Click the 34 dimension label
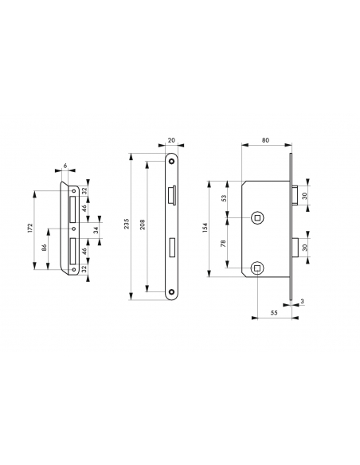coord(96,231)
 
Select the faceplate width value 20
coord(172,140)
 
